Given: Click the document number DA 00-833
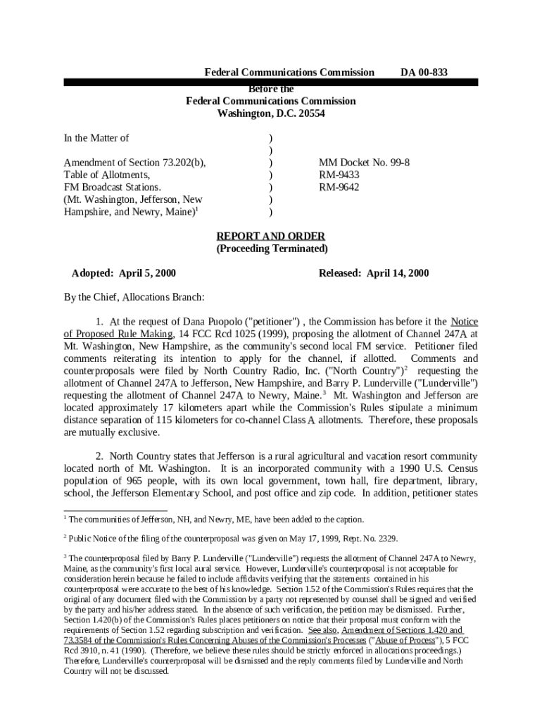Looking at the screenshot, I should pos(424,73).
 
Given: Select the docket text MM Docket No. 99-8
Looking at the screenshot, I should pos(364,163).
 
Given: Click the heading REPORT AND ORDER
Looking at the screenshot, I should pos(270,237).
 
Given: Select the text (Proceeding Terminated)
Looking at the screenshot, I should pos(271,249).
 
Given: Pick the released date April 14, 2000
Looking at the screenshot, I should pos(398,273).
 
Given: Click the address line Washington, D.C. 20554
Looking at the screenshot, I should pos(271,113).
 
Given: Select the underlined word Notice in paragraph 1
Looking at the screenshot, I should pos(464,322).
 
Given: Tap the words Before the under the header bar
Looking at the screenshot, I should pos(272,89).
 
